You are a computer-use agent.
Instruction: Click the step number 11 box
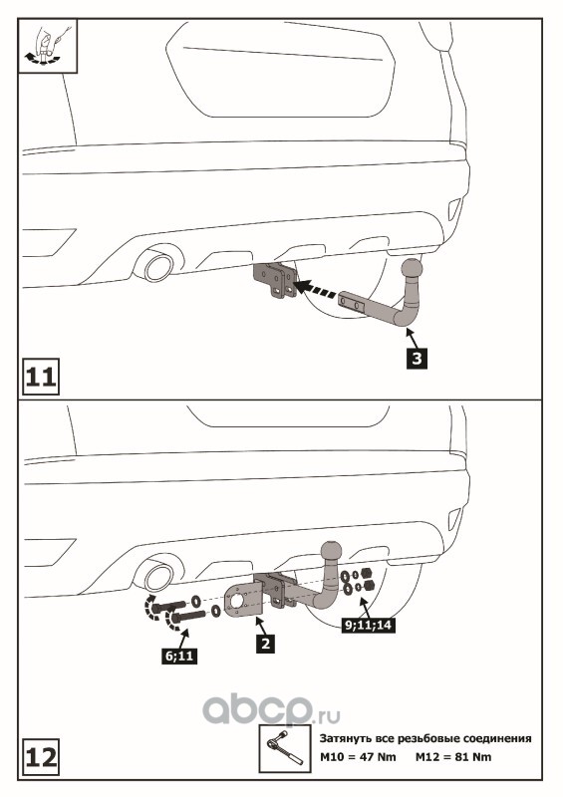pyautogui.click(x=41, y=377)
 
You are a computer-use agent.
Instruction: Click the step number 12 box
pyautogui.click(x=41, y=757)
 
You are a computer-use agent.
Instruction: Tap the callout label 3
pyautogui.click(x=418, y=359)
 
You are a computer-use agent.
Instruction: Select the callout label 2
pyautogui.click(x=265, y=643)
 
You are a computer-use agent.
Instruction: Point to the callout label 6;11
pyautogui.click(x=180, y=656)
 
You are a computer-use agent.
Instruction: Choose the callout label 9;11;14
pyautogui.click(x=369, y=625)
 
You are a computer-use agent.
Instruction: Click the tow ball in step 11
pyautogui.click(x=412, y=268)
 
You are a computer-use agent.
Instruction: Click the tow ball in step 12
pyautogui.click(x=331, y=552)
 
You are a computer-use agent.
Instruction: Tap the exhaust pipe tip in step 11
pyautogui.click(x=157, y=265)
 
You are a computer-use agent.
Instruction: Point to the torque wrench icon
pyautogui.click(x=285, y=750)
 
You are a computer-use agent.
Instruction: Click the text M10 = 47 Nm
pyautogui.click(x=358, y=757)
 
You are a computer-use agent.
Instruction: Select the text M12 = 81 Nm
pyautogui.click(x=453, y=757)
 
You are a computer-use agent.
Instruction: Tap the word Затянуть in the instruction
pyautogui.click(x=345, y=738)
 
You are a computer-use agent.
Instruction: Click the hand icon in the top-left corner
pyautogui.click(x=48, y=46)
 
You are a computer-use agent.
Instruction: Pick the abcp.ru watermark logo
pyautogui.click(x=271, y=709)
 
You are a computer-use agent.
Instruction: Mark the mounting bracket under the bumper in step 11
pyautogui.click(x=275, y=279)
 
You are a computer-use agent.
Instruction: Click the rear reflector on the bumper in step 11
pyautogui.click(x=453, y=209)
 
